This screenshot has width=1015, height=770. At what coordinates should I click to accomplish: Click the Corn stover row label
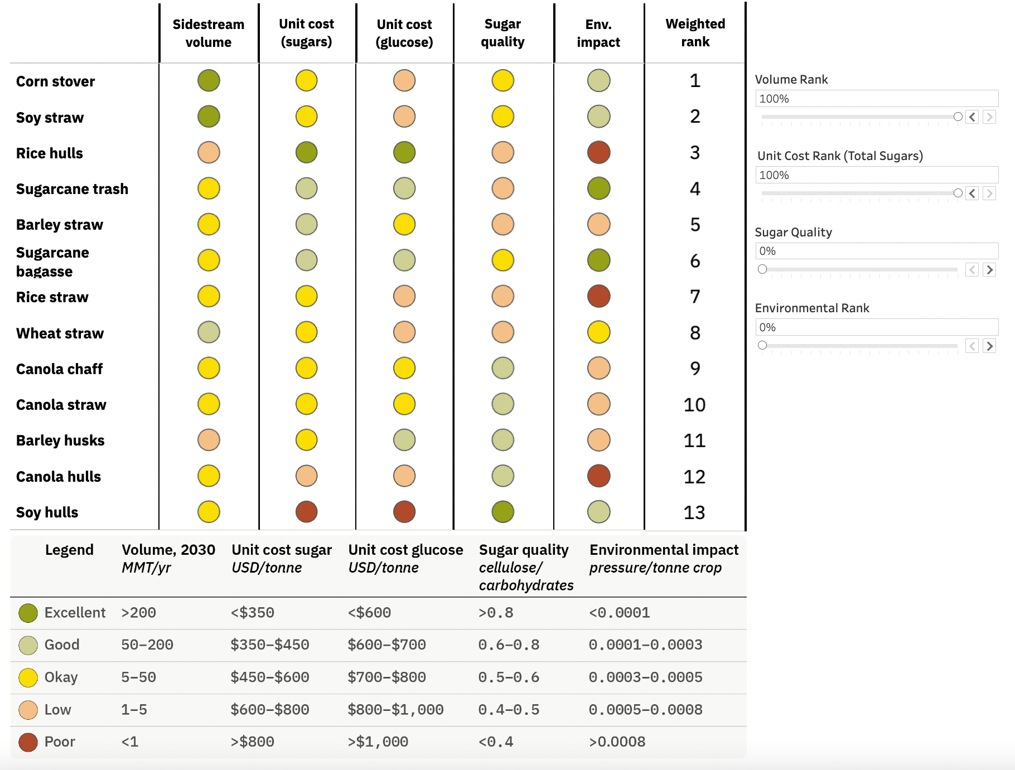[x=55, y=81]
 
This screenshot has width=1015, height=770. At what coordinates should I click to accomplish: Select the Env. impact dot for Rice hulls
[x=598, y=152]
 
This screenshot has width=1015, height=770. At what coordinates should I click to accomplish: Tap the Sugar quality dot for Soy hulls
[x=502, y=512]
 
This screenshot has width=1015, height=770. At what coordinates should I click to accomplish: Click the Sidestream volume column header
[x=208, y=33]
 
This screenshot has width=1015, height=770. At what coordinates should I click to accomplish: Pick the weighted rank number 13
[x=694, y=512]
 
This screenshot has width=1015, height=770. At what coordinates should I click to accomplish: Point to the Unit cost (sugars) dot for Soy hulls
[x=306, y=512]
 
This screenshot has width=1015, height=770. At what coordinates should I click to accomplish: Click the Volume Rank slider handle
[x=958, y=117]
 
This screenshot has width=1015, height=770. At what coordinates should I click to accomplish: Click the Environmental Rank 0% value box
[x=876, y=327]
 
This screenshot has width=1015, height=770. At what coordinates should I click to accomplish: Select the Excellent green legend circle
[x=28, y=613]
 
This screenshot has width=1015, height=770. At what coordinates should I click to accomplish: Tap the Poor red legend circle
[x=28, y=742]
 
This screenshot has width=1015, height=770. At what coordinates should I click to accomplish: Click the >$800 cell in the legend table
[x=252, y=742]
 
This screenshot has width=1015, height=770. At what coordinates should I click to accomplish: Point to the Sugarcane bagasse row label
[x=52, y=261]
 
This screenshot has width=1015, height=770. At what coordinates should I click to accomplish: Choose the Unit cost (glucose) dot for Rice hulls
[x=404, y=152]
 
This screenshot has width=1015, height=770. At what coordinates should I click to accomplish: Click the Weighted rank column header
[x=695, y=33]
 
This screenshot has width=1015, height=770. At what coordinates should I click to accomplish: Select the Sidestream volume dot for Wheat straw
[x=209, y=332]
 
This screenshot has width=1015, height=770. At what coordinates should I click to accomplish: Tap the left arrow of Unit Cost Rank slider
[x=972, y=193]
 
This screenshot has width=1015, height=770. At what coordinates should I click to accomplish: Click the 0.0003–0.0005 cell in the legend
[x=645, y=677]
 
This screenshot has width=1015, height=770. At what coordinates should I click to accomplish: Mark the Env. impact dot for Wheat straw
[x=598, y=332]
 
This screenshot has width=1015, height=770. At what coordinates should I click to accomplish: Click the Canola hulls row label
[x=59, y=477]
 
